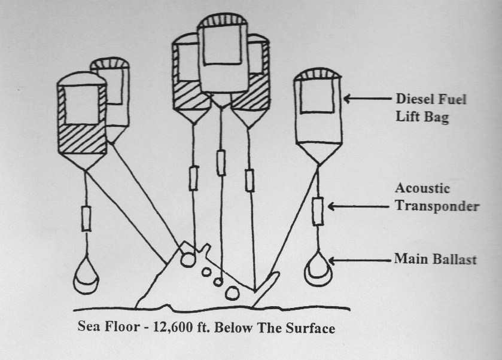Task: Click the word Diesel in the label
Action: point(413,99)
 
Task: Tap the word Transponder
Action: point(437,206)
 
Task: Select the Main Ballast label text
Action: point(436,259)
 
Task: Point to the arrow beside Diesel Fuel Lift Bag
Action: point(367,98)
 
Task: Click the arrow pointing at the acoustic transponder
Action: point(358,207)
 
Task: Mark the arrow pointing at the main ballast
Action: point(360,261)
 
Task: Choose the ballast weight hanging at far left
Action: point(86,274)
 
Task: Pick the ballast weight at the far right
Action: point(318,269)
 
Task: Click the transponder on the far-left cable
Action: point(86,218)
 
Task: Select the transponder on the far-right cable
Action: point(318,212)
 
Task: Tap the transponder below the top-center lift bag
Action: point(221,163)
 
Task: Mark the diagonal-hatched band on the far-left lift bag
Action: point(83,139)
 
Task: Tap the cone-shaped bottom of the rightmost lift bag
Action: point(318,153)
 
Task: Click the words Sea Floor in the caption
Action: point(108,327)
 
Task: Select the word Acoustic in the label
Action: point(422,188)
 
